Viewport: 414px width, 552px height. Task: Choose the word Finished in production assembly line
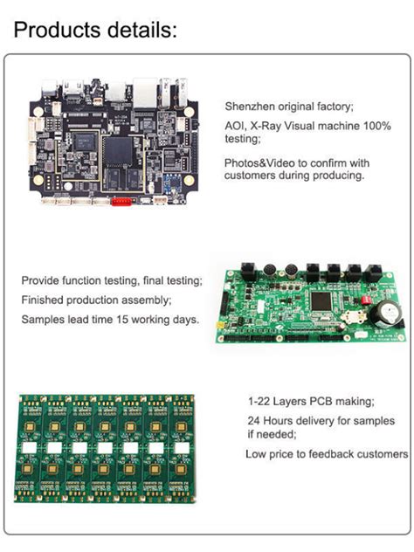tap(48, 300)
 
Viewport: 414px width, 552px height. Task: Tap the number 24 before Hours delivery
tap(254, 420)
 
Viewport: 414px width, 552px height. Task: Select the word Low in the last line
tap(256, 454)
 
